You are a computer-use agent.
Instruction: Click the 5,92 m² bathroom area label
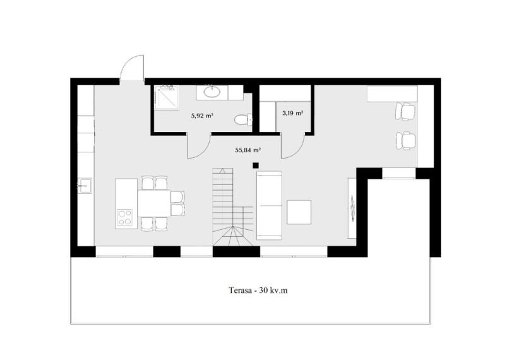[202, 116]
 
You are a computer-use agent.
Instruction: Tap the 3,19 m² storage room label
[292, 113]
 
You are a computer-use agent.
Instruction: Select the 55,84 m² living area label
[248, 150]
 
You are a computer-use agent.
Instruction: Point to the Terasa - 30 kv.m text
[258, 290]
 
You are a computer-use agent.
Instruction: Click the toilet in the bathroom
[244, 119]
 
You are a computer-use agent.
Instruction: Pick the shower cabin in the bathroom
[166, 98]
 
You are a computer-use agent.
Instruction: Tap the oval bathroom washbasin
[212, 92]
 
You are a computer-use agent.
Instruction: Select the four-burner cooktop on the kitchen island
[125, 217]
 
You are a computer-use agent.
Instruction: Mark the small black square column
[256, 165]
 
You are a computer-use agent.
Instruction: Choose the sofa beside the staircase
[269, 205]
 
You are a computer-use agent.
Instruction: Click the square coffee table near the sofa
[299, 212]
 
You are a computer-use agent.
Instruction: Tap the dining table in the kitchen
[154, 203]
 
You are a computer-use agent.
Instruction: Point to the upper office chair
[405, 112]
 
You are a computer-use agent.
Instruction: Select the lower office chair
[405, 141]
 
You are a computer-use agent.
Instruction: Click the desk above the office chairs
[392, 93]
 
